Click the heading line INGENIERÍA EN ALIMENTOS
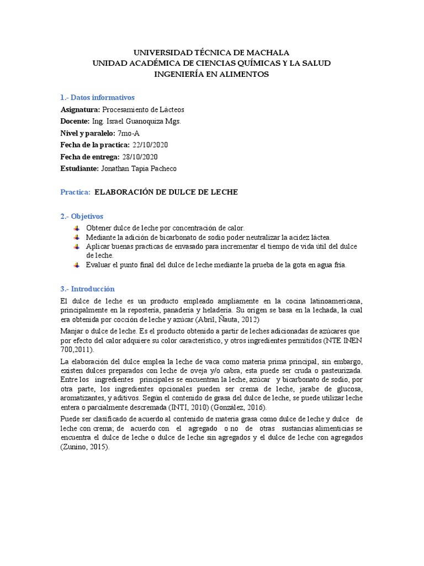pos(211,74)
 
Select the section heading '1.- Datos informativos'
pos(97,97)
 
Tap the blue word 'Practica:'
pos(75,192)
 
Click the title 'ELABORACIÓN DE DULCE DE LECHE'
pos(166,192)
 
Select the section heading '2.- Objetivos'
pos(82,216)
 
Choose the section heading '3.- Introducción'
pos(87,289)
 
